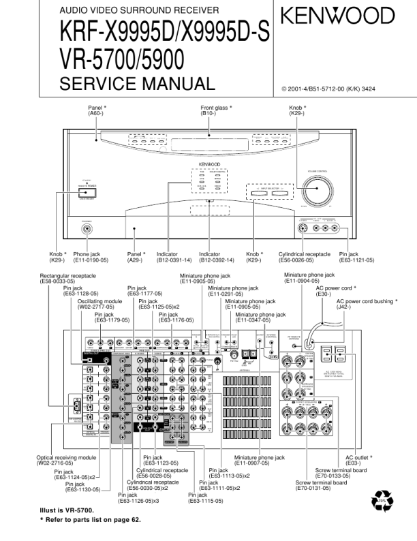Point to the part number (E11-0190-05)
[x=91, y=260]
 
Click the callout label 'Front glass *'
[x=216, y=108]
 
